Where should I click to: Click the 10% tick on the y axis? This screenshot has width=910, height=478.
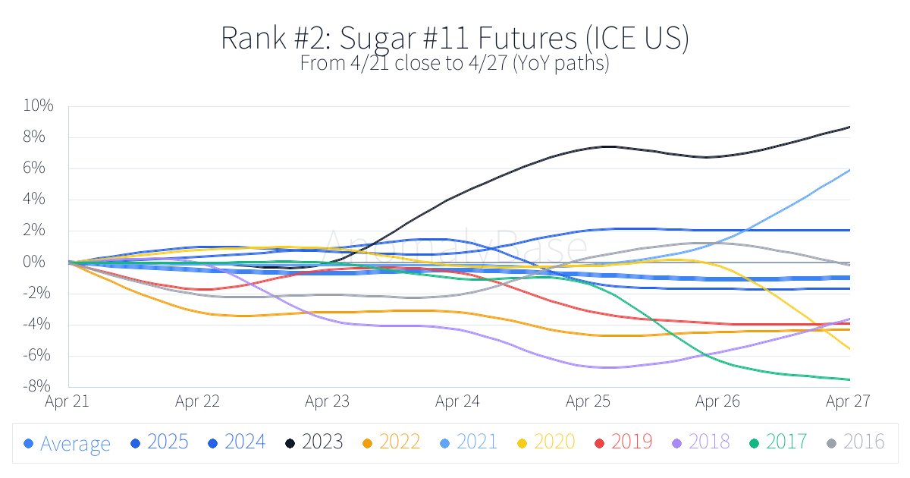(38, 106)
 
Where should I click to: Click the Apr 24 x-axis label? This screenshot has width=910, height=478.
(458, 401)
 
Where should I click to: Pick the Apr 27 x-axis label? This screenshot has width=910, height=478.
(848, 401)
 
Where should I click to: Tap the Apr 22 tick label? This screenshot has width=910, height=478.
(198, 401)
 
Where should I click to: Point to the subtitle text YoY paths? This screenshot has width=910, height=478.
(560, 64)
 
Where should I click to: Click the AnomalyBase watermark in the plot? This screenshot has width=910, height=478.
(456, 247)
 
